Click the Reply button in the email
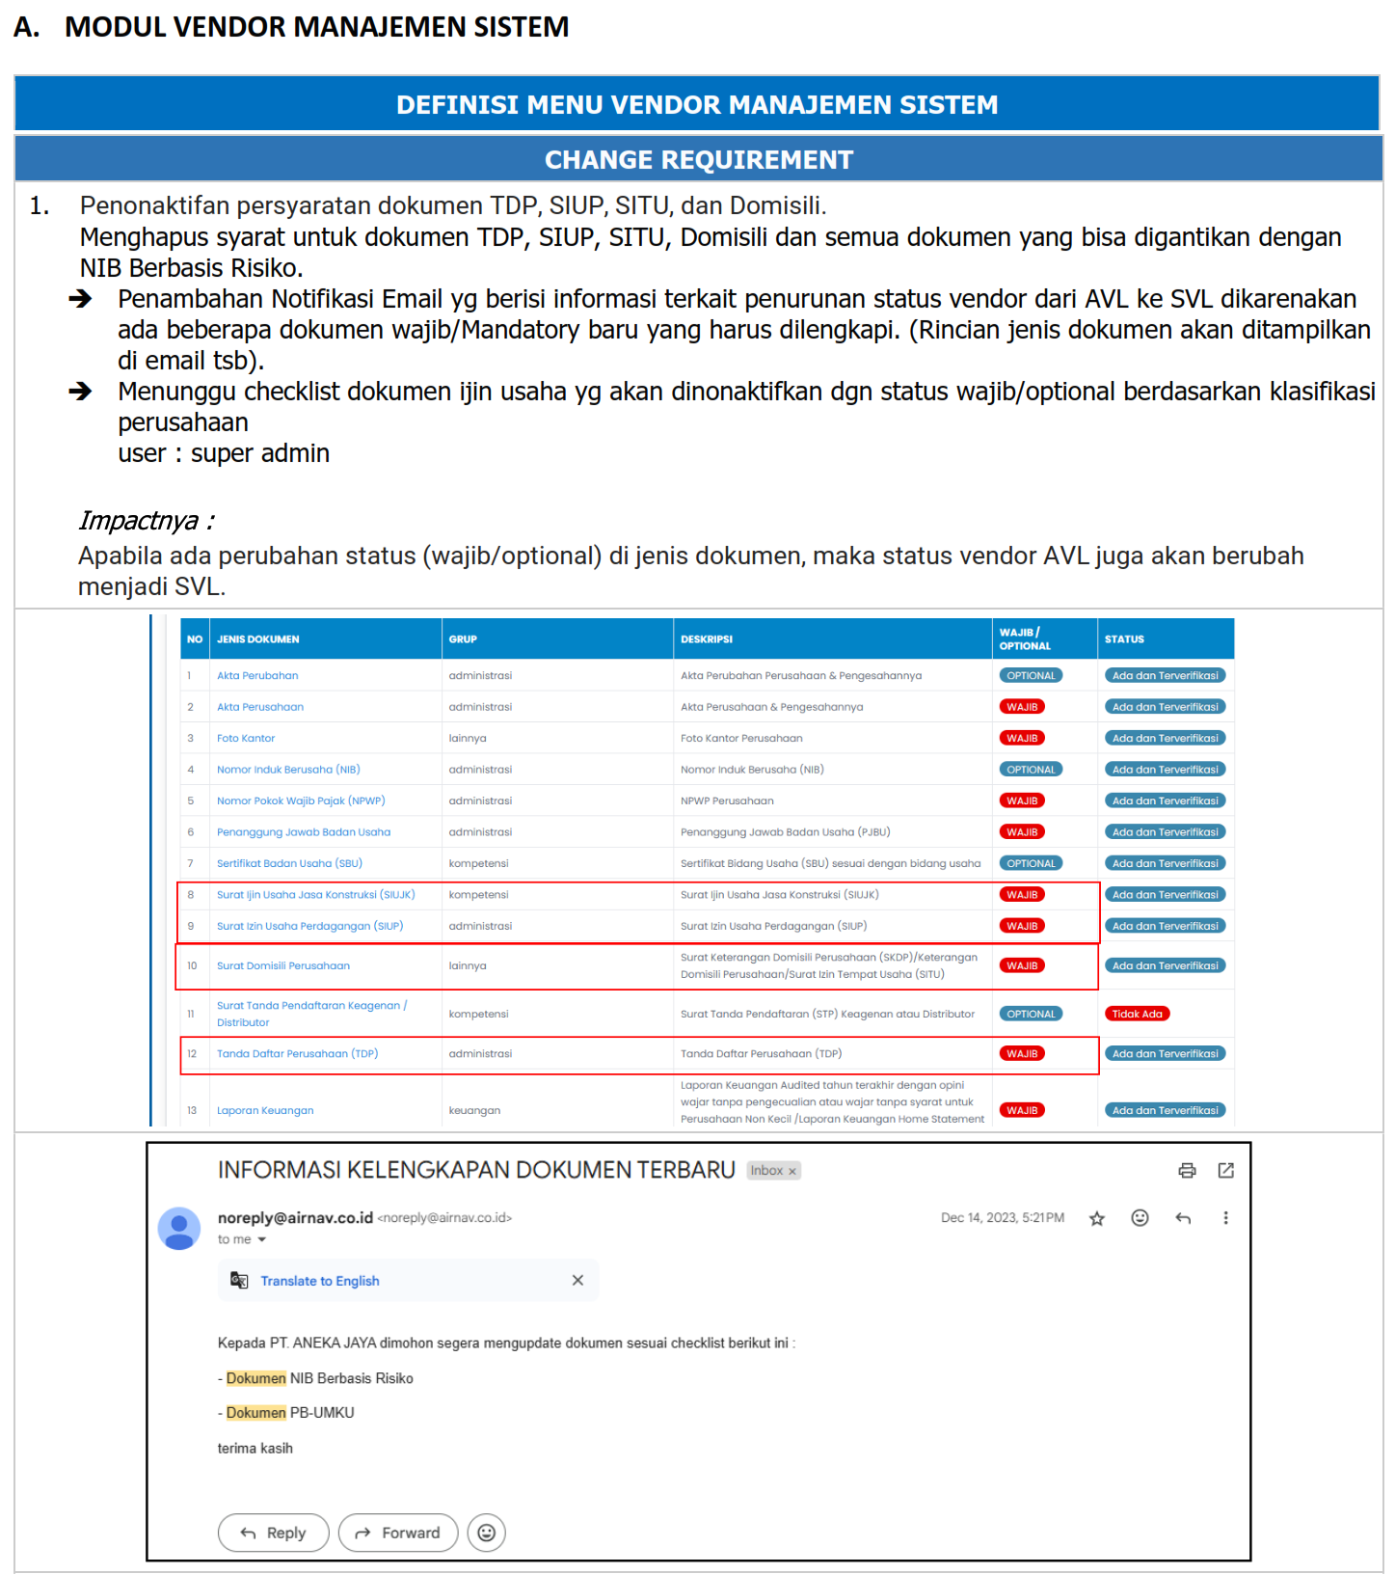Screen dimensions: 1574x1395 (x=273, y=1533)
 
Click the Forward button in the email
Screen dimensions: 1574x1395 (x=398, y=1533)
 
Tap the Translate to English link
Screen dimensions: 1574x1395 (x=319, y=1281)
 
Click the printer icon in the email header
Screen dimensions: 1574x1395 (x=1187, y=1170)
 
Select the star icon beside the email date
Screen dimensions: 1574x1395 (x=1097, y=1218)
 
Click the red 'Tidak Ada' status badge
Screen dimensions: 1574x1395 (x=1138, y=1014)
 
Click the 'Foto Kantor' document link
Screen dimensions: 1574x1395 (x=246, y=738)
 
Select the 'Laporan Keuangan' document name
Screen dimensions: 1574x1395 (x=265, y=1110)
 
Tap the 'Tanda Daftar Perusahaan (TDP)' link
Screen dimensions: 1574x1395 (x=297, y=1053)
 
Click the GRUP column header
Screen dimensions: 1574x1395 (x=463, y=639)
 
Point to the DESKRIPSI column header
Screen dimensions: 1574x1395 (x=707, y=639)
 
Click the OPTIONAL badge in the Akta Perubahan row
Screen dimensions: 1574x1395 (x=1031, y=675)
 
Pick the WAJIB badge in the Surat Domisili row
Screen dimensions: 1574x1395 (x=1022, y=965)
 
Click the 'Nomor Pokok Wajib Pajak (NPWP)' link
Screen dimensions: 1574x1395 (x=301, y=801)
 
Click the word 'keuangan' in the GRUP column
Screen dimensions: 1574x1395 (x=474, y=1110)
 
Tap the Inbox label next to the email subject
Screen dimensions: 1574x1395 (x=767, y=1171)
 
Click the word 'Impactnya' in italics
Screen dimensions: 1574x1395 (x=138, y=521)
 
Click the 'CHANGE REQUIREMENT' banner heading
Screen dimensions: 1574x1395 (x=699, y=160)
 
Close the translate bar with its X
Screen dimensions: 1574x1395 (x=577, y=1281)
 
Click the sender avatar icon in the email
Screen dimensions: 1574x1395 (x=179, y=1228)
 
